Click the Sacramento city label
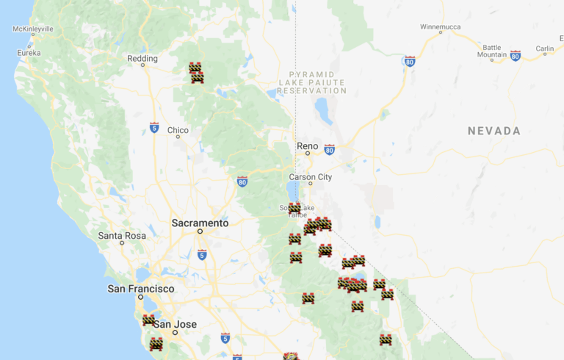pyautogui.click(x=200, y=223)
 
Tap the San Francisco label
pyautogui.click(x=141, y=289)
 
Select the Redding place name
pyautogui.click(x=142, y=59)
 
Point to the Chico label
pyautogui.click(x=178, y=131)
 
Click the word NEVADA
pyautogui.click(x=494, y=131)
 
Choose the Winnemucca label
pyautogui.click(x=441, y=26)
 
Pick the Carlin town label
pyautogui.click(x=544, y=48)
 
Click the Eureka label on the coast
pyautogui.click(x=29, y=53)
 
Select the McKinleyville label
pyautogui.click(x=33, y=29)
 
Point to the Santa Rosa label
pyautogui.click(x=122, y=236)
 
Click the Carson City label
pyautogui.click(x=311, y=177)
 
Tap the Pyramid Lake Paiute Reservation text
pyautogui.click(x=312, y=82)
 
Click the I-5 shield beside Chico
pyautogui.click(x=154, y=128)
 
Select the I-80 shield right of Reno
pyautogui.click(x=329, y=149)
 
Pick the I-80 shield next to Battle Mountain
pyautogui.click(x=516, y=56)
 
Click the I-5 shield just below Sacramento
pyautogui.click(x=202, y=254)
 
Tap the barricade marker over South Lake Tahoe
pyautogui.click(x=294, y=208)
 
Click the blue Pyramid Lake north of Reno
pyautogui.click(x=323, y=110)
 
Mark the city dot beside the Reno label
pyautogui.click(x=308, y=153)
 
